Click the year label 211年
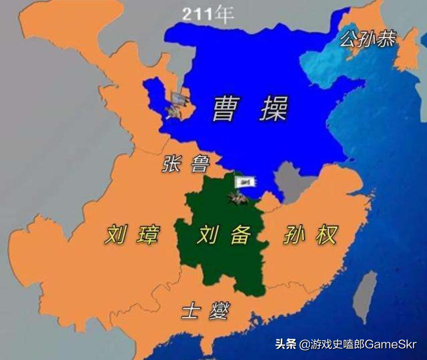pos(208,15)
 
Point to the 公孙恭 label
pos(367,39)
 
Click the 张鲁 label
pos(185,164)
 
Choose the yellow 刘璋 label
pos(131,234)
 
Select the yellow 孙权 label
pos(311,234)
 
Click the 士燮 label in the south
pos(205,311)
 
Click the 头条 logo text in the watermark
pos(285,344)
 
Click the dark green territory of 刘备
pos(223,263)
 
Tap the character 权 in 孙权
pos(327,234)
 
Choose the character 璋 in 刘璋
pos(147,234)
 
